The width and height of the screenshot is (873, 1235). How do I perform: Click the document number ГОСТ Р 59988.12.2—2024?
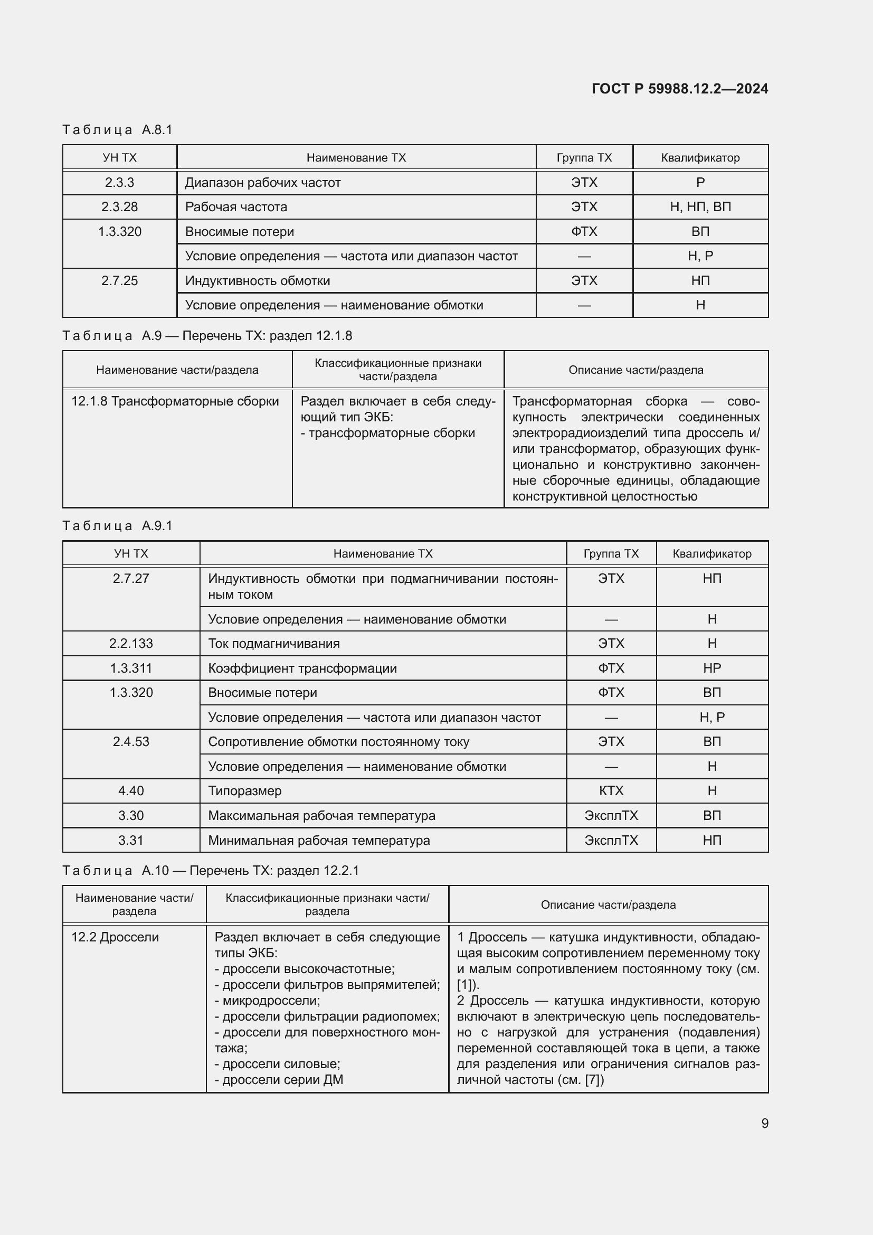tap(679, 89)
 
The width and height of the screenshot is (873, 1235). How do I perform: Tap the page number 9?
tap(764, 1123)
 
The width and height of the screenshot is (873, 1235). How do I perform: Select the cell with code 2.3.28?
tap(119, 207)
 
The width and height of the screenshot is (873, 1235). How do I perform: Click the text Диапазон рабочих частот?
tap(262, 183)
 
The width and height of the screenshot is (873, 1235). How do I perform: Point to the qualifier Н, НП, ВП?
tap(700, 207)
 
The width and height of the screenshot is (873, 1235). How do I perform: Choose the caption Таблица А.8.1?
tap(117, 130)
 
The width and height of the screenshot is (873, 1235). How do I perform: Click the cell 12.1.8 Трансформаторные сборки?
tap(175, 401)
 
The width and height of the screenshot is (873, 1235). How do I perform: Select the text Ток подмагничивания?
tap(273, 643)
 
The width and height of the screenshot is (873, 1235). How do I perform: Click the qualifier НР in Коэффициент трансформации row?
tap(711, 668)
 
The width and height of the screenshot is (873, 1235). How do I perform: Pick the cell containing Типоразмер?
tap(244, 791)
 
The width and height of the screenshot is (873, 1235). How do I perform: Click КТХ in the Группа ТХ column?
tap(611, 791)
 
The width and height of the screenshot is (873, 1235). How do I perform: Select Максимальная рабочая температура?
tap(321, 815)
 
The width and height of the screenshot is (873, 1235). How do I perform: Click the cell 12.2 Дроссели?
tap(115, 937)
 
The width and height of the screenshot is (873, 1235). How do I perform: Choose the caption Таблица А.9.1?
tap(117, 525)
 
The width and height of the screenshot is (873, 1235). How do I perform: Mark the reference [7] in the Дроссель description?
tap(594, 1080)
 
